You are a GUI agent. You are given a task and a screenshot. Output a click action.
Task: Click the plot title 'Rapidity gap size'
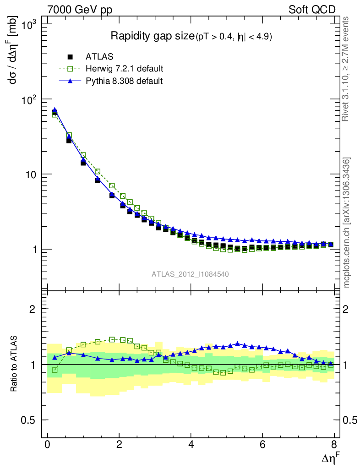point(153,36)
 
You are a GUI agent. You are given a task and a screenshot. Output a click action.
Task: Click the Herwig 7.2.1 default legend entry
point(124,69)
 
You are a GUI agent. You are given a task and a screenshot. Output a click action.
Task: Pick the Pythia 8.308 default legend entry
point(124,81)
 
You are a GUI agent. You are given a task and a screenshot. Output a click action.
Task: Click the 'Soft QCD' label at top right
point(312,10)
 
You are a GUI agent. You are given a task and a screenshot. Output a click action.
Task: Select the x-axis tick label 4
point(191,445)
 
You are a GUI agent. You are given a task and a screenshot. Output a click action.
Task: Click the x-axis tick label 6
point(262,445)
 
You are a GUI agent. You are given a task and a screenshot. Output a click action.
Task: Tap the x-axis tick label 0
point(48,445)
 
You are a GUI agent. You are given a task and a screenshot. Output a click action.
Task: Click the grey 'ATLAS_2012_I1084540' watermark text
point(191,274)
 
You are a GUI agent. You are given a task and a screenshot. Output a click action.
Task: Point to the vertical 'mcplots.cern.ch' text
point(347,223)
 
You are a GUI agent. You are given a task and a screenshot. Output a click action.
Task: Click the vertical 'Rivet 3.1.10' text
point(347,69)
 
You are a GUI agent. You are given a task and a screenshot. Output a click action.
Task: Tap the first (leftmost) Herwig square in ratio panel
point(55,370)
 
